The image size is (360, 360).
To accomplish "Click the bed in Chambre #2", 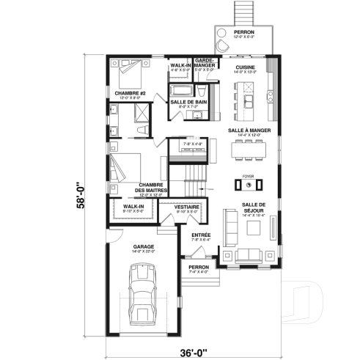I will (x=131, y=74).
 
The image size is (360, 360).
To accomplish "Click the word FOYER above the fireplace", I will (x=247, y=176).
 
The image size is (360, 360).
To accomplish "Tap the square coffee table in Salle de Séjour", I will (x=254, y=227).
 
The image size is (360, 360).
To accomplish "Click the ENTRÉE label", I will (x=200, y=235).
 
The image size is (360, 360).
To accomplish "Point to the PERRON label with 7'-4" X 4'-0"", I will (x=199, y=267).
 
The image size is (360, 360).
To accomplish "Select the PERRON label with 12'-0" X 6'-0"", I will (x=244, y=33).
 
